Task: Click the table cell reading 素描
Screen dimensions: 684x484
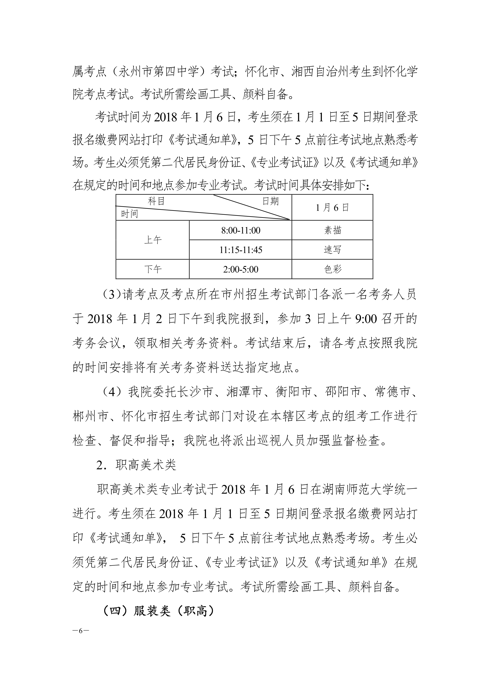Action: pos(332,230)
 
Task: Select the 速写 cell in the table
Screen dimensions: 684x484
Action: pos(332,250)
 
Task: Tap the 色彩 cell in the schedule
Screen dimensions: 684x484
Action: pos(332,269)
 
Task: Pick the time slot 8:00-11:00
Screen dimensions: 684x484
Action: pos(241,230)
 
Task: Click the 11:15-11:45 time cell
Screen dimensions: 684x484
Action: pos(241,250)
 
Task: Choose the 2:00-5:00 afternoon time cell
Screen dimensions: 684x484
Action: pos(241,269)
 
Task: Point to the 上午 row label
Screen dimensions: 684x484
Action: pos(153,240)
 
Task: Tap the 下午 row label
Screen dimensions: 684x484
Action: pos(153,269)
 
